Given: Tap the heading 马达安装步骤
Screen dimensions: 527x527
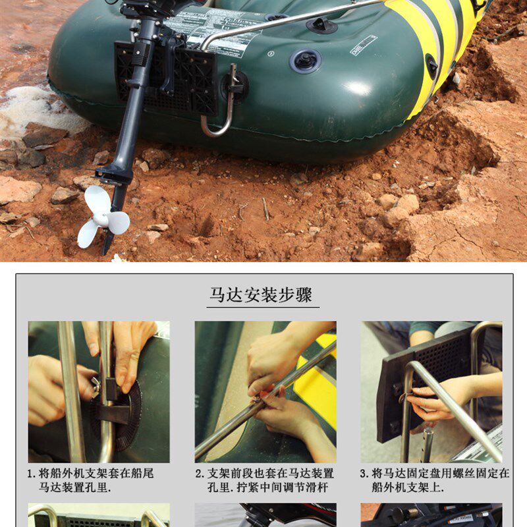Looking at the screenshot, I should [261, 294].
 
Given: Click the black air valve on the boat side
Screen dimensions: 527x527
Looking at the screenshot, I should [306, 61].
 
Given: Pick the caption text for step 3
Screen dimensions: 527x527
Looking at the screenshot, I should [435, 480].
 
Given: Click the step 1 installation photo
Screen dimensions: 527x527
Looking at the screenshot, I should [99, 391].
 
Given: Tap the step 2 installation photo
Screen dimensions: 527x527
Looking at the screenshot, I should [265, 391].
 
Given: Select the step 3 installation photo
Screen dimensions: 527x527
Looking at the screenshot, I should [431, 391].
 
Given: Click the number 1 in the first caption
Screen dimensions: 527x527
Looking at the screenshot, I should [31, 474].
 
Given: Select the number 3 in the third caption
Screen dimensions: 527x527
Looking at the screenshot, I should [364, 474].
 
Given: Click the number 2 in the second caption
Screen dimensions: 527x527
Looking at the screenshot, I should [198, 474].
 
